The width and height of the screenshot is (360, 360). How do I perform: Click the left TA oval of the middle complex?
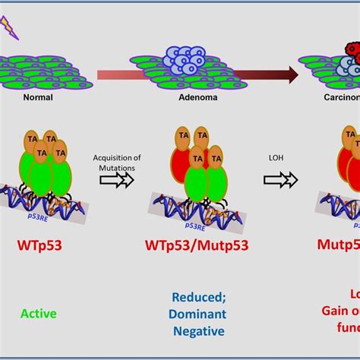tap(183, 115)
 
